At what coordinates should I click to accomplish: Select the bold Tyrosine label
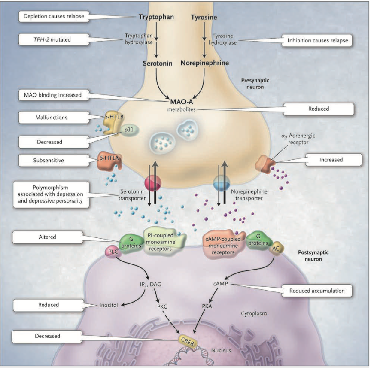click(x=204, y=17)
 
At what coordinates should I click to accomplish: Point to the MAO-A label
click(x=181, y=100)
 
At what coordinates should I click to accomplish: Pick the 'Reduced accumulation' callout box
click(x=317, y=291)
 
